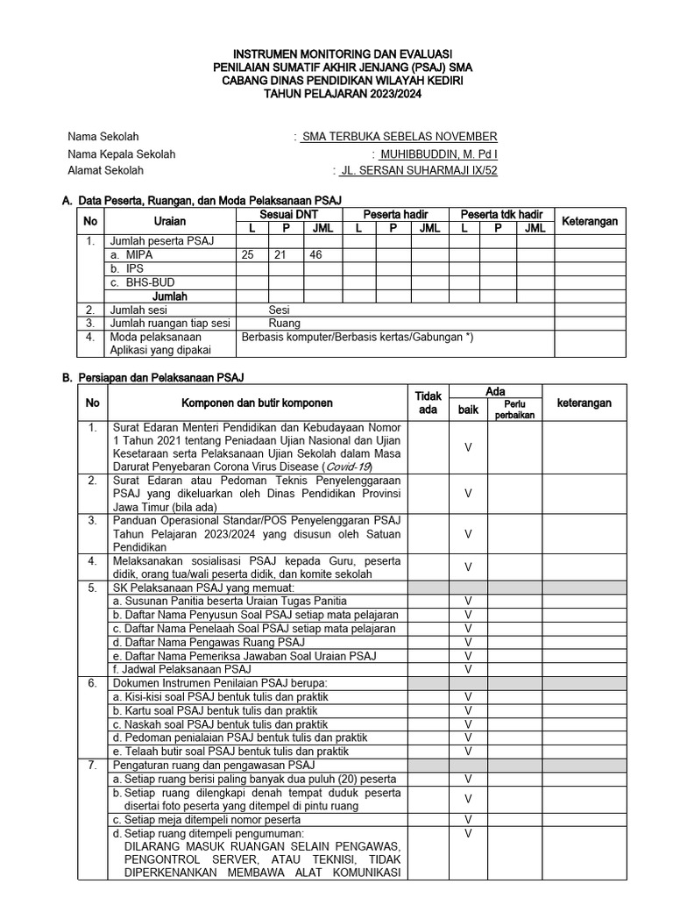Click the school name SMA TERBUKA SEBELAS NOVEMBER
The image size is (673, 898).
(x=399, y=137)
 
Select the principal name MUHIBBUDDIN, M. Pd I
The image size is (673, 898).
(x=438, y=154)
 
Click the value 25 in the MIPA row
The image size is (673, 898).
(x=251, y=254)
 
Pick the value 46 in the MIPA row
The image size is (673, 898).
(x=317, y=254)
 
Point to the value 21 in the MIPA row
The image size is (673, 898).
(x=284, y=254)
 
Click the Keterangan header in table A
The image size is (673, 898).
(x=590, y=221)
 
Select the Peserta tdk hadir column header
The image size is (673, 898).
(x=501, y=214)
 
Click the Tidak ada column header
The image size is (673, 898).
(x=429, y=403)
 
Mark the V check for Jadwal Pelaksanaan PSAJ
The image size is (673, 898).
(x=468, y=669)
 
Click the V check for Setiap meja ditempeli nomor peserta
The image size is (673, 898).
(x=468, y=819)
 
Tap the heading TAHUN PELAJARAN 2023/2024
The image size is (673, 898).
(x=336, y=94)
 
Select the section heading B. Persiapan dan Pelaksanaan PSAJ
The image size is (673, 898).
(x=152, y=377)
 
